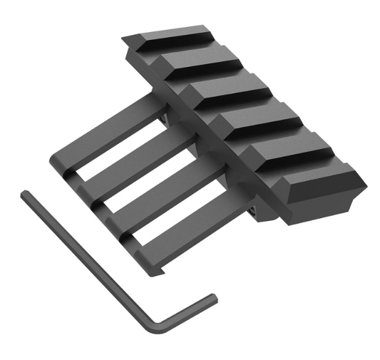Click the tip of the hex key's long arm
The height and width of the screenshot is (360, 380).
(x=25, y=194)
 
